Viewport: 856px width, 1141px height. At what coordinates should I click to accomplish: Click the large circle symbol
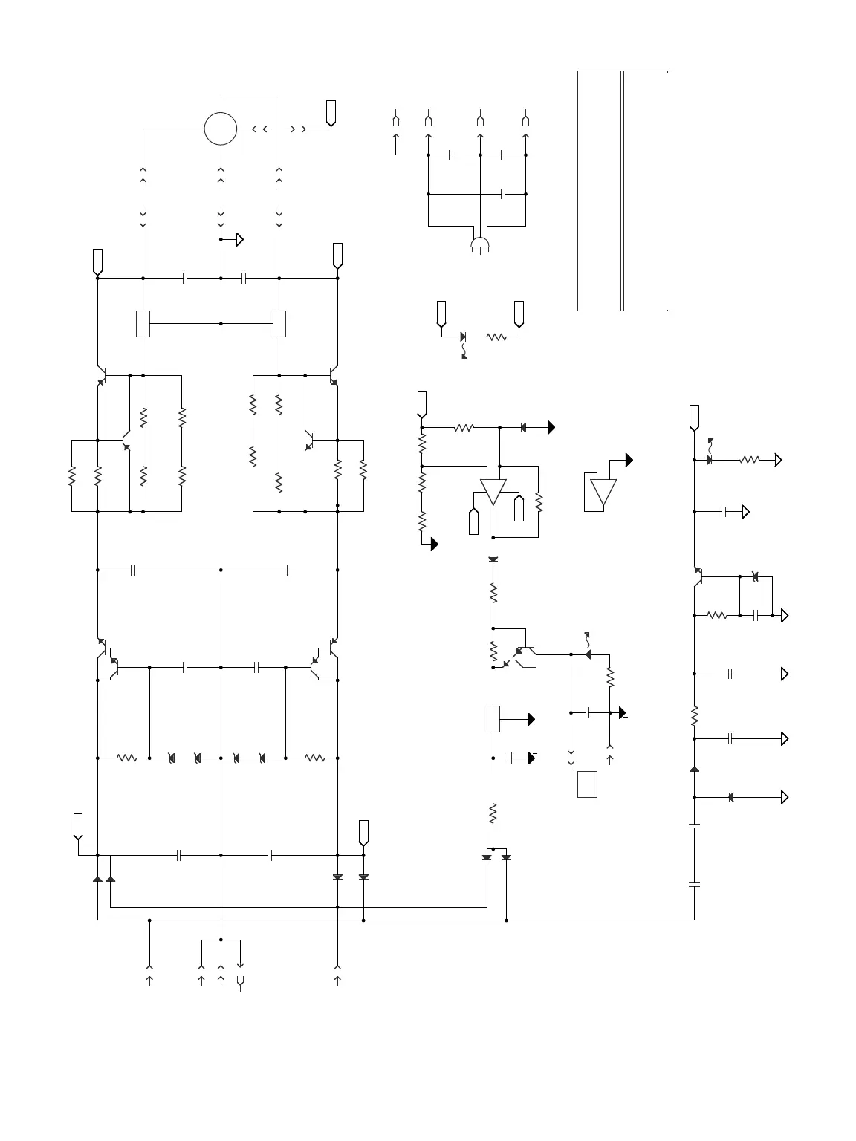[221, 129]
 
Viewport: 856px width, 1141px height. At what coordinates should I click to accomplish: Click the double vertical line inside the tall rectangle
[623, 191]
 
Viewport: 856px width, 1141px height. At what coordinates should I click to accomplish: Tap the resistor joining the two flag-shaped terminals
[496, 337]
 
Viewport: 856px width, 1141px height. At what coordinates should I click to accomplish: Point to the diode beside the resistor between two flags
[464, 337]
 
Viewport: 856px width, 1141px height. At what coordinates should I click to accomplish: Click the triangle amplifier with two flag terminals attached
[493, 493]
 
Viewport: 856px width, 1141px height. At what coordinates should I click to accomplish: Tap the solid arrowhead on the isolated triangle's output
[629, 460]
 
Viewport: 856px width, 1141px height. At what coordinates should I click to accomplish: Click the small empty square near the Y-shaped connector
[587, 784]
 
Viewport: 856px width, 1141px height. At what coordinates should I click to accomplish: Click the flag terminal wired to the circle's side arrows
[331, 111]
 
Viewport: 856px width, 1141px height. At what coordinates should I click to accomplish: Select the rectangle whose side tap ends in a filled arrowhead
[493, 719]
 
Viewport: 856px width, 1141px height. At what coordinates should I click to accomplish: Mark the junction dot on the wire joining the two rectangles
[221, 323]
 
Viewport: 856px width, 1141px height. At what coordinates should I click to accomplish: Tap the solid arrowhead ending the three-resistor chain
[434, 545]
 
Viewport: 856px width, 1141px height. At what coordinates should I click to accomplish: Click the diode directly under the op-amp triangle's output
[493, 559]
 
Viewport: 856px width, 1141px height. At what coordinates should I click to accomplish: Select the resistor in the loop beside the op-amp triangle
[539, 503]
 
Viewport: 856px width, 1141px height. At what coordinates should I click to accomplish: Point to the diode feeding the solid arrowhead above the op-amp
[524, 427]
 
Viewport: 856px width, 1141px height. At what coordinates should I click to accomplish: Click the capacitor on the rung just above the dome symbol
[503, 194]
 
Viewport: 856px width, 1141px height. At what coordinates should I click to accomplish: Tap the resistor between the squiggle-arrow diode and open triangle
[749, 460]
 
